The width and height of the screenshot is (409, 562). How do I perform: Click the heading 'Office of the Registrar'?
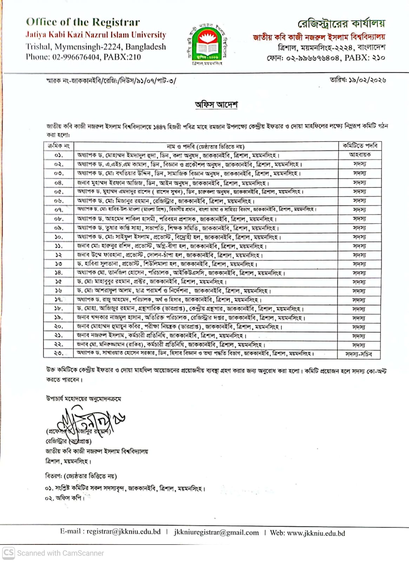[x=83, y=22]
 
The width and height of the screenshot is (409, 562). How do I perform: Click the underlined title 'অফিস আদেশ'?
[x=216, y=105]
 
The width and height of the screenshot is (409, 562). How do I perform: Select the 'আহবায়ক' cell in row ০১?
[x=359, y=155]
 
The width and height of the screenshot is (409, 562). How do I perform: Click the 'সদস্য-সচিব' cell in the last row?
[x=358, y=354]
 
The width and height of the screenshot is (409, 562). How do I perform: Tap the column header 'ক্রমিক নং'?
[x=59, y=146]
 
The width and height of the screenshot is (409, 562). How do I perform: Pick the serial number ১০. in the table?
[x=59, y=237]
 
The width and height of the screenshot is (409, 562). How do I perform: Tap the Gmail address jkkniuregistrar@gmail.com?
[x=216, y=532]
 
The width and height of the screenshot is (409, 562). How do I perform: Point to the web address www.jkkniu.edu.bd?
[x=316, y=533]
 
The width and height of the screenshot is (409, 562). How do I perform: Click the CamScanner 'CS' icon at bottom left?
[x=8, y=553]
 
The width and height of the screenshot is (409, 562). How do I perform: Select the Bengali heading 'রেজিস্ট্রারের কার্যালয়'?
[x=341, y=24]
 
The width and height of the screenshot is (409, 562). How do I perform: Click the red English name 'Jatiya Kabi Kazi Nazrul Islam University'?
[x=96, y=35]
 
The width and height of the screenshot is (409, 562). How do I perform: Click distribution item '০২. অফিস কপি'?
[x=65, y=498]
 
